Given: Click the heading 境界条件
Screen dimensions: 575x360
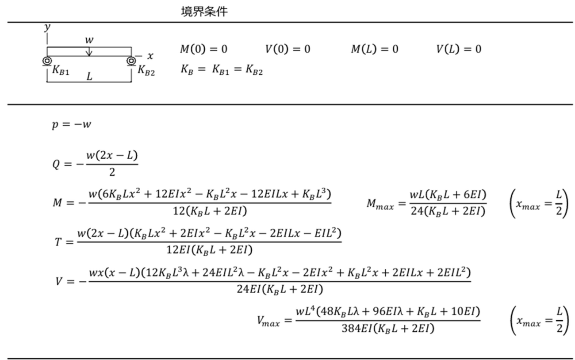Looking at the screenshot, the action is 204,12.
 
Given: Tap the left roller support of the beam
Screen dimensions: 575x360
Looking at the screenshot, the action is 47,61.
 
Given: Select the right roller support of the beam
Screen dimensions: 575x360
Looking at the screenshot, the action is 131,61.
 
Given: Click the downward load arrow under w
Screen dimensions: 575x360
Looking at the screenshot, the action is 89,51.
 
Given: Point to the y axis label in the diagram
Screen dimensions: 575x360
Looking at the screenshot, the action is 47,27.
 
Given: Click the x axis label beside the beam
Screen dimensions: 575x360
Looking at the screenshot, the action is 150,56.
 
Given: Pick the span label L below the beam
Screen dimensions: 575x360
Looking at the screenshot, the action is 89,76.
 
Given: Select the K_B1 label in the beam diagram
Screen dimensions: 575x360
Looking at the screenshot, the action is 61,70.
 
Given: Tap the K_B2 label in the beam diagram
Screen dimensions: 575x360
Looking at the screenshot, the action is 146,70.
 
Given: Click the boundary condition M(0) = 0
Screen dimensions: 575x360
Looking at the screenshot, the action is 204,49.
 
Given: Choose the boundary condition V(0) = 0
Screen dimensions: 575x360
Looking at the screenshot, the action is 288,49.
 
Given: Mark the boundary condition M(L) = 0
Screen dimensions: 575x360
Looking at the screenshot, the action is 375,49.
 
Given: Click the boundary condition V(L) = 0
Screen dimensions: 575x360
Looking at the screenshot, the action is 459,49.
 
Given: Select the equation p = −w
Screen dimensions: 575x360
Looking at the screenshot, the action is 72,124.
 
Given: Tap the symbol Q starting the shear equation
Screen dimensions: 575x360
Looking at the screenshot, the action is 56,164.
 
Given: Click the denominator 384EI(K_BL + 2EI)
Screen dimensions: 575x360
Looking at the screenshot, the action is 388,329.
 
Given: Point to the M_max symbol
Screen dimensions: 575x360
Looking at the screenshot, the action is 380,204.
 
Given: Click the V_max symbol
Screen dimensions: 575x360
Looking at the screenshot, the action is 268,321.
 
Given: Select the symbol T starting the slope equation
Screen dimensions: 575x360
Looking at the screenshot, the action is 58,242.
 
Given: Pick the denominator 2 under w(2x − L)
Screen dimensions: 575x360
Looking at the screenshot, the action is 112,172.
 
